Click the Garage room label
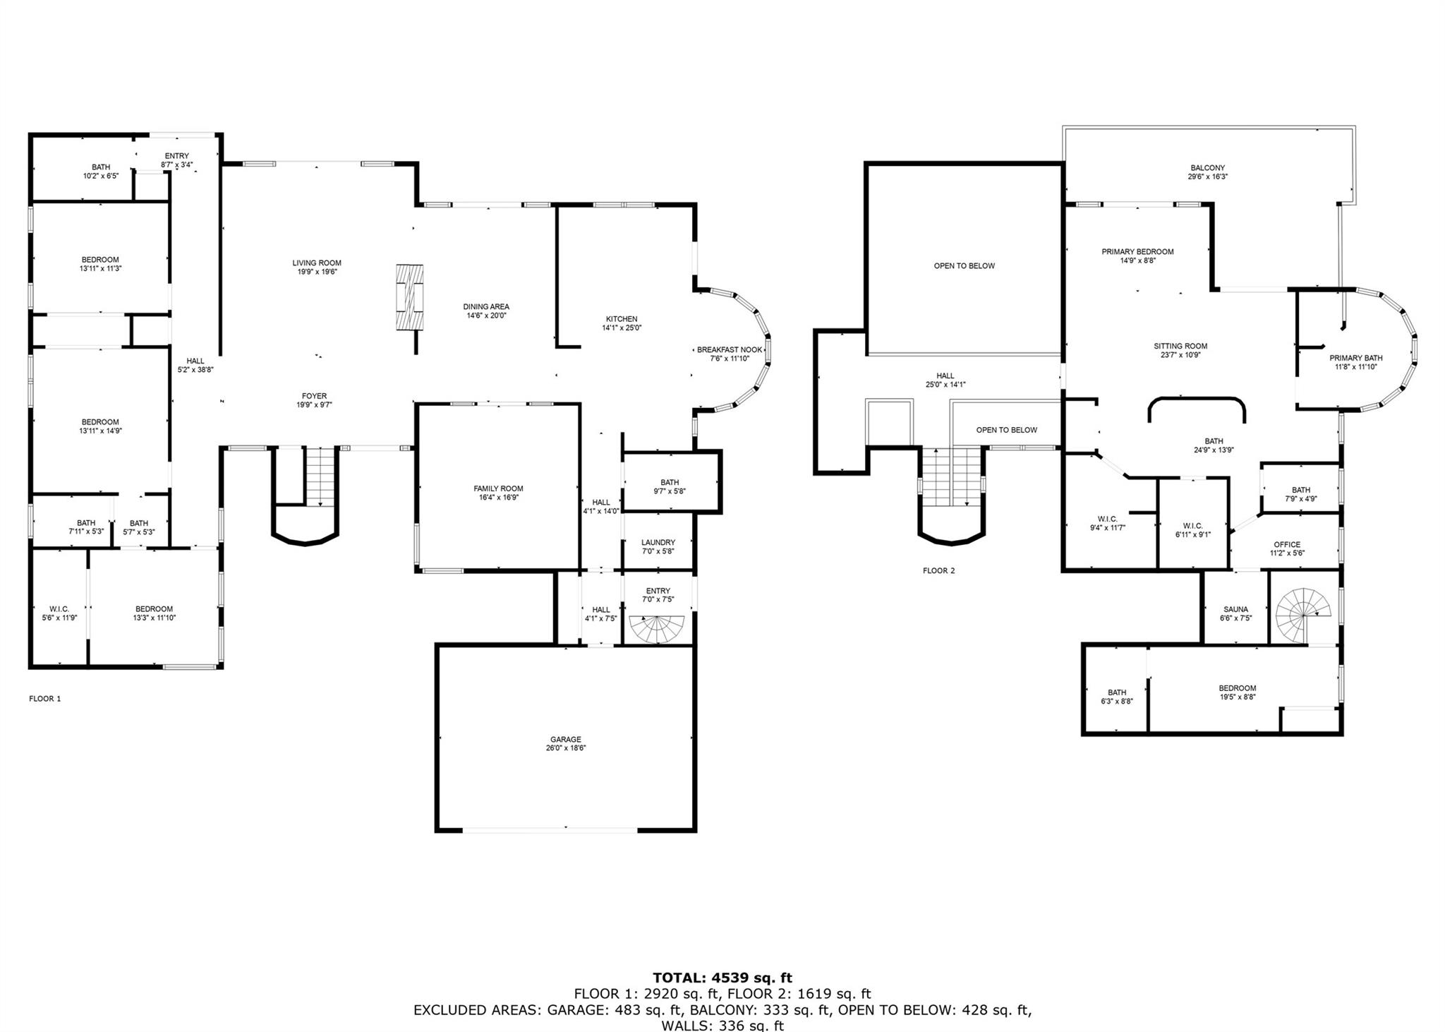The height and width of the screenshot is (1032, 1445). click(566, 740)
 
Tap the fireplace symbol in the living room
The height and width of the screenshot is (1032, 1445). click(410, 296)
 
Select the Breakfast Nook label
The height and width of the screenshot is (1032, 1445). click(730, 349)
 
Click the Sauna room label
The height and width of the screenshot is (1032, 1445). click(1235, 609)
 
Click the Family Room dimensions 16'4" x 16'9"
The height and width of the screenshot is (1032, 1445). click(498, 498)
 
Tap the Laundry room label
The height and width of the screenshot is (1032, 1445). click(658, 542)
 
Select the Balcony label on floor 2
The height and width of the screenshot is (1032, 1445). click(1207, 168)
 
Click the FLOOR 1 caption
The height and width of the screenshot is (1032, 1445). click(45, 699)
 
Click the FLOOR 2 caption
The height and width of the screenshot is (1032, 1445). click(938, 570)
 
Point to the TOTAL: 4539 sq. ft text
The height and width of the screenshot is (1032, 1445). click(722, 978)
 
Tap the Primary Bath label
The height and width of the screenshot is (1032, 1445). click(1355, 358)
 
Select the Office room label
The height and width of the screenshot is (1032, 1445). click(1287, 544)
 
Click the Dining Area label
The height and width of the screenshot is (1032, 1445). click(486, 306)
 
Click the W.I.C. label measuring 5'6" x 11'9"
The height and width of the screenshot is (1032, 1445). click(59, 608)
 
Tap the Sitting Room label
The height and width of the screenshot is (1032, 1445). click(1180, 346)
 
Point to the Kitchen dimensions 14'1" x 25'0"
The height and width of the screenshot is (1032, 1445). click(622, 328)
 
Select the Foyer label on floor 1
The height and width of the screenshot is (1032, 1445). click(314, 396)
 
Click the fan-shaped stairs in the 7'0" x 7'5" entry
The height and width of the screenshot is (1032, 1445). click(657, 628)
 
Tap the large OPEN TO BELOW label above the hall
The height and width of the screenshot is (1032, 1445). click(964, 265)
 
